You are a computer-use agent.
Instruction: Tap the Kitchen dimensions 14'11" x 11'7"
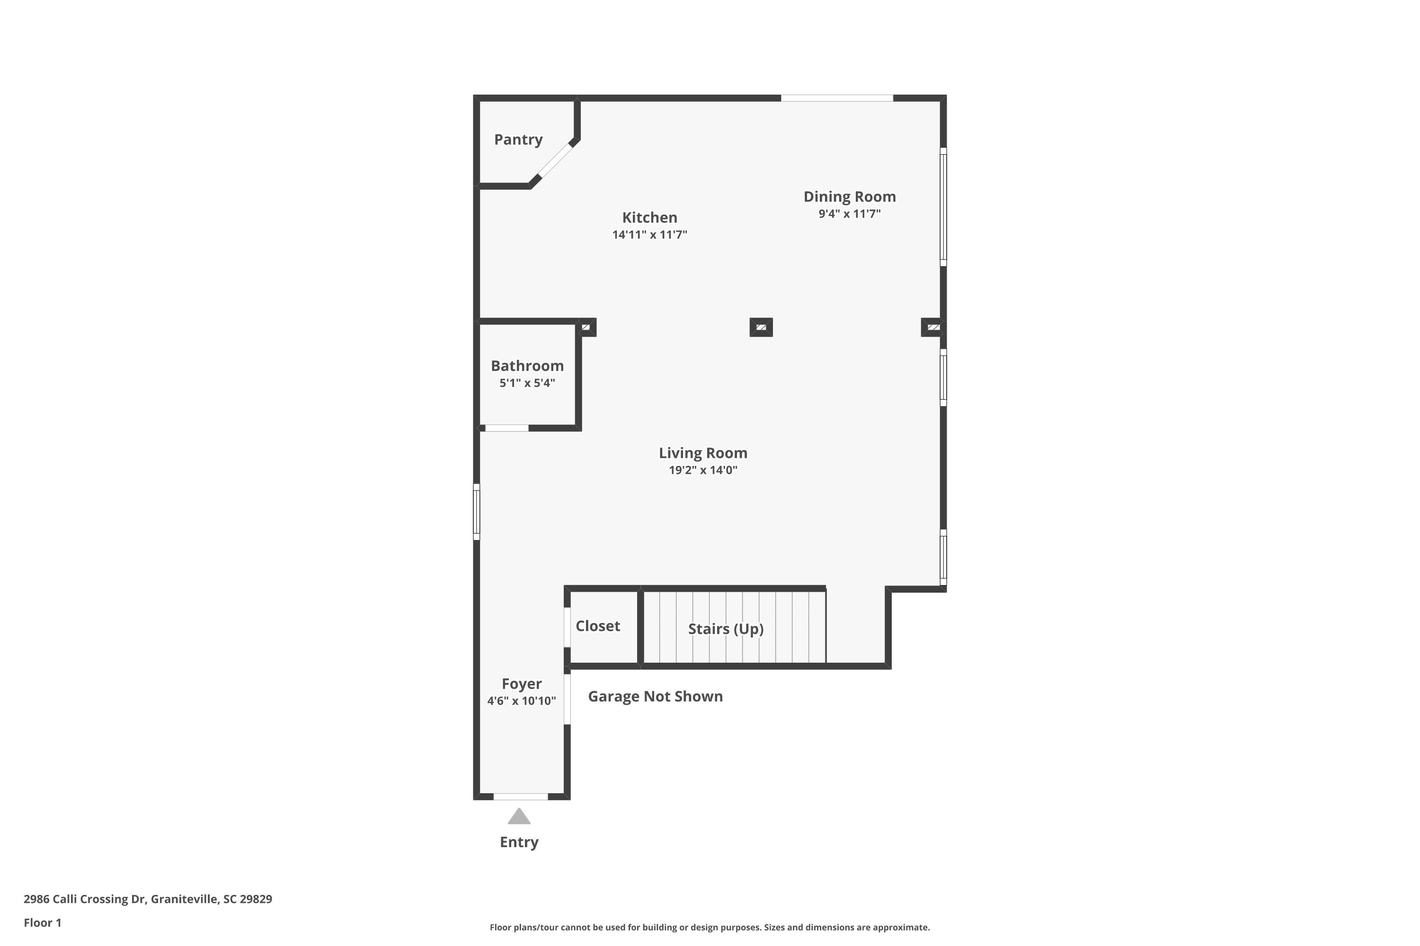click(649, 235)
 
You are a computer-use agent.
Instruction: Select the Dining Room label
click(850, 197)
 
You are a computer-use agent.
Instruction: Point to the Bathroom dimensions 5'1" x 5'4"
click(527, 383)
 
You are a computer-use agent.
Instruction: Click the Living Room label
click(703, 453)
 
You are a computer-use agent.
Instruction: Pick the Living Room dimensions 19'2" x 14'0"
click(703, 470)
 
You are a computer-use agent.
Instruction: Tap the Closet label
click(598, 626)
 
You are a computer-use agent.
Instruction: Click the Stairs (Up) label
click(726, 629)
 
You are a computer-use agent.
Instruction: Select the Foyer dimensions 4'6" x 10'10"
click(522, 701)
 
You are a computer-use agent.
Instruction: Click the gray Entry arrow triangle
click(519, 817)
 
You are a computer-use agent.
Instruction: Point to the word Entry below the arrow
click(519, 842)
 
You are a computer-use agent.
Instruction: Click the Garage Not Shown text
click(655, 697)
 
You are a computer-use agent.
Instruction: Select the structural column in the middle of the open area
click(761, 327)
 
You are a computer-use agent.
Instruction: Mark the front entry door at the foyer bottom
click(520, 797)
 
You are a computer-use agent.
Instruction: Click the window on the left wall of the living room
click(476, 512)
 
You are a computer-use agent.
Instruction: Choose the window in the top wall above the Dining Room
click(837, 98)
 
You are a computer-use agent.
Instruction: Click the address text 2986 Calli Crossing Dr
click(85, 900)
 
